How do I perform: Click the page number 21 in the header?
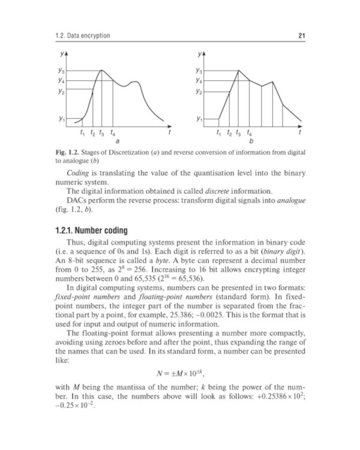[x=302, y=37]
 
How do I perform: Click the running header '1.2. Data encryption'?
[x=82, y=37]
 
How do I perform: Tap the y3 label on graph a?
[x=61, y=71]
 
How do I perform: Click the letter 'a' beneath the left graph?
[x=117, y=142]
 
